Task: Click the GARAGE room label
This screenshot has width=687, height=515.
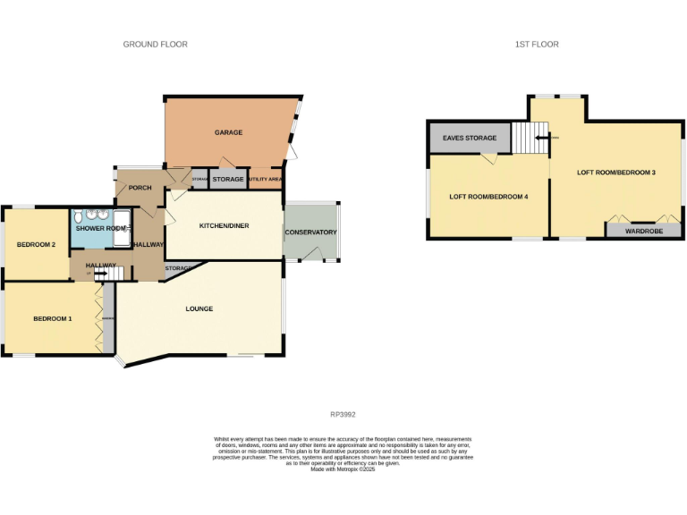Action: pyautogui.click(x=228, y=132)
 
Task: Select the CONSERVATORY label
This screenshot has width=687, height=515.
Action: pyautogui.click(x=310, y=232)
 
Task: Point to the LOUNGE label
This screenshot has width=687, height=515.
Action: pyautogui.click(x=199, y=309)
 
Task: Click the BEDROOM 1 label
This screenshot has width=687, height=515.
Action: pyautogui.click(x=53, y=318)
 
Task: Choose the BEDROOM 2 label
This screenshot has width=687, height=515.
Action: pyautogui.click(x=37, y=245)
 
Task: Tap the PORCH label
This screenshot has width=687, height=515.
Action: pyautogui.click(x=140, y=188)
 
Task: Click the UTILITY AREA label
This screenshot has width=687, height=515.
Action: pyautogui.click(x=266, y=180)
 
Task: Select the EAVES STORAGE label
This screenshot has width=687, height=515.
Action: pyautogui.click(x=469, y=139)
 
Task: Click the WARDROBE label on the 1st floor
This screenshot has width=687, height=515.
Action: pyautogui.click(x=642, y=231)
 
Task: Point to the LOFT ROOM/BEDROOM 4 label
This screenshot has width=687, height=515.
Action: pyautogui.click(x=488, y=196)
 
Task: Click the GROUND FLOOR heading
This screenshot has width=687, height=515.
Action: pyautogui.click(x=155, y=44)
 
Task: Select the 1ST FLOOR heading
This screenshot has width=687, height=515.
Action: pyautogui.click(x=538, y=44)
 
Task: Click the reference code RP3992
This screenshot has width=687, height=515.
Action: pyautogui.click(x=343, y=414)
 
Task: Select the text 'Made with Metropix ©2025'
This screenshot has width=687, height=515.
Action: pyautogui.click(x=343, y=469)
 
